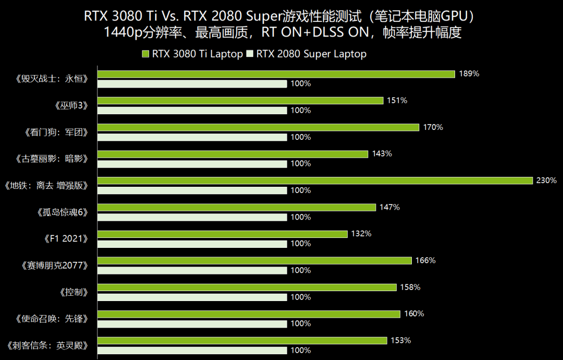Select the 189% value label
469,74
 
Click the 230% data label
546,181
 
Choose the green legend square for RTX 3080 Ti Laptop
145,54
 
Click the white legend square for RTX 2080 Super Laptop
250,54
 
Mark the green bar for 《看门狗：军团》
259,127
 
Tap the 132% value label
361,234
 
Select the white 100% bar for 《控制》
192,297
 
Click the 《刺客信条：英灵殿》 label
47,345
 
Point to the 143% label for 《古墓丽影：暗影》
382,154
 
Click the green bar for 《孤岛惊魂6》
237,207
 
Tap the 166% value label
425,260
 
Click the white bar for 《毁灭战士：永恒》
192,83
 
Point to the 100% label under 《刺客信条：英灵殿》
301,351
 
